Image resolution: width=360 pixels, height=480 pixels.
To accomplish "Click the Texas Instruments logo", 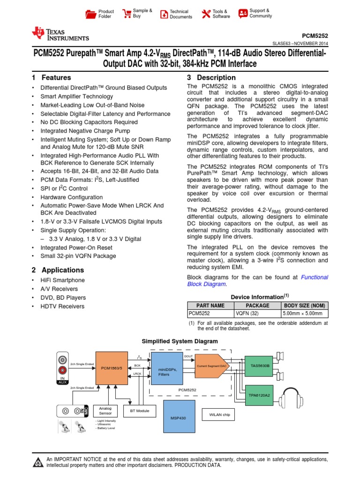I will tap(60, 34).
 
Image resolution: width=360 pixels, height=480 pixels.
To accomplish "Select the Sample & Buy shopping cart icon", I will tap(127, 13).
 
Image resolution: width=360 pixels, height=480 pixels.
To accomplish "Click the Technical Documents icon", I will tap(164, 14).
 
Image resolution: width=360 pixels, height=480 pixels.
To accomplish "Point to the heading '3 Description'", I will tap(211, 78).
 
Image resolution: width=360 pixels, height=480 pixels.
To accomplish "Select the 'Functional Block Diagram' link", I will tap(257, 280).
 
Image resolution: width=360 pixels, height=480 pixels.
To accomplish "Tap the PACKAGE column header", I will tap(257, 305).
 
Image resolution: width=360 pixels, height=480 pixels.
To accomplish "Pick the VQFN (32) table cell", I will tap(257, 314).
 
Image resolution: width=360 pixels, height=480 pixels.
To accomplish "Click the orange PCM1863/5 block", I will tap(112, 368).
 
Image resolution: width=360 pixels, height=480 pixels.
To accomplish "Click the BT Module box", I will tap(136, 411).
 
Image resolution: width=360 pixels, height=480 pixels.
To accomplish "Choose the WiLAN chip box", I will tap(219, 414).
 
